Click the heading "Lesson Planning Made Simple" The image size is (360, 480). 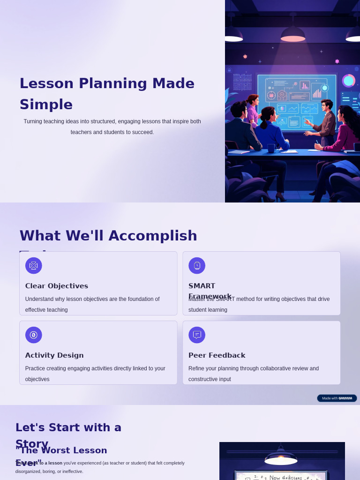click(x=107, y=94)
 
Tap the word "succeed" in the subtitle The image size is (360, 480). click(x=140, y=132)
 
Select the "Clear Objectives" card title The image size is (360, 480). click(x=57, y=286)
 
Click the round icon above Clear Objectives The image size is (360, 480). click(x=34, y=266)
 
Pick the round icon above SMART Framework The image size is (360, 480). click(x=197, y=266)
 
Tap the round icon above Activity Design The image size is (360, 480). click(x=34, y=335)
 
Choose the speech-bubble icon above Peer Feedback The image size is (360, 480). click(x=197, y=335)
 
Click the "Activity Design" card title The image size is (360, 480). click(x=54, y=355)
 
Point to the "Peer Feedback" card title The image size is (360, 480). click(x=217, y=355)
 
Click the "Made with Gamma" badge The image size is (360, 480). click(x=337, y=398)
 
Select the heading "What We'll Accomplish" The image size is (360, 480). click(x=108, y=236)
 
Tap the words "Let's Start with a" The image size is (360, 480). click(x=68, y=427)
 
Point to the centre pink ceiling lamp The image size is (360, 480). click(x=293, y=36)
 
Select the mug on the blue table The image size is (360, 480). click(x=271, y=148)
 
